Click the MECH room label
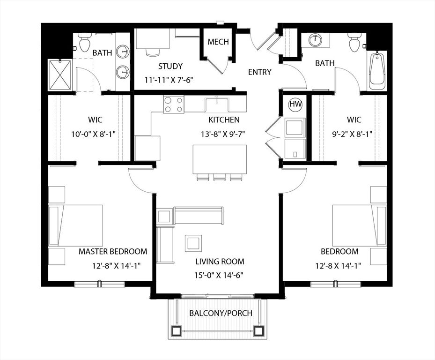(x=218, y=42)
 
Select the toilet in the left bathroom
(x=84, y=42)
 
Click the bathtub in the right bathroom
(x=377, y=71)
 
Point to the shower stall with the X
(x=60, y=75)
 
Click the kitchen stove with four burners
(x=174, y=105)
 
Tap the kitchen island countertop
(x=220, y=159)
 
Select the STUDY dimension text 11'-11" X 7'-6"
(x=169, y=80)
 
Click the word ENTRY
(x=259, y=72)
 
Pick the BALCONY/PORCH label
(x=221, y=313)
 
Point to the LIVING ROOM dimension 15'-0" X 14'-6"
(x=219, y=275)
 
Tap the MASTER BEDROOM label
(x=113, y=251)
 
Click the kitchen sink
(x=217, y=105)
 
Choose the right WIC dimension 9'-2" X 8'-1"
(x=352, y=135)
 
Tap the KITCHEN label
(x=224, y=120)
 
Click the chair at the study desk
(x=153, y=52)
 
